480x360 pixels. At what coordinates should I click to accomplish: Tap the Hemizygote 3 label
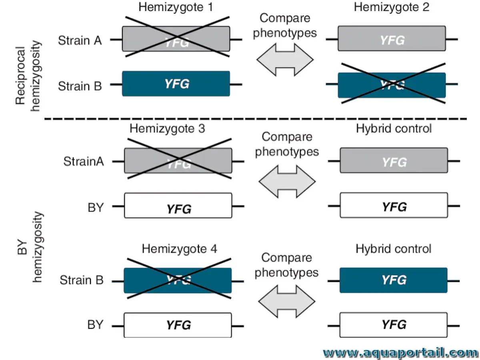pos(167,129)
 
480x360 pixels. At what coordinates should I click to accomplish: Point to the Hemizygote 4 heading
pos(179,249)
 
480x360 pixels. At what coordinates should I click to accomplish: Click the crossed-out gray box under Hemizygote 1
pos(176,39)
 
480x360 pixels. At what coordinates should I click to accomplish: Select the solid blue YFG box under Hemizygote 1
pos(176,84)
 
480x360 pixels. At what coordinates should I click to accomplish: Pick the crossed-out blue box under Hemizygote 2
pos(392,85)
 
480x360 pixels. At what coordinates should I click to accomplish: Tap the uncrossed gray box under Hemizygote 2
pos(392,39)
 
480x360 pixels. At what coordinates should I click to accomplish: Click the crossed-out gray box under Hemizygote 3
pos(178,160)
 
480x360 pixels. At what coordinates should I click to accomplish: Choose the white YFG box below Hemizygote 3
pos(178,206)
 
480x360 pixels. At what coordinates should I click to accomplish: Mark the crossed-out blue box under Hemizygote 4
pos(178,280)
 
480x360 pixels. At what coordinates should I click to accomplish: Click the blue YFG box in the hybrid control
pos(393,280)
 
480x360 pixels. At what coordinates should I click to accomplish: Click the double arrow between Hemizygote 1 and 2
pos(285,60)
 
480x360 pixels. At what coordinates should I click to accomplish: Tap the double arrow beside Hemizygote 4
pos(287,300)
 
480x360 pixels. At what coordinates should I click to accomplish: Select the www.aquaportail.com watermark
pos(400,352)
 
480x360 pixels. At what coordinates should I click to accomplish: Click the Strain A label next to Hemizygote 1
pos(80,40)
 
